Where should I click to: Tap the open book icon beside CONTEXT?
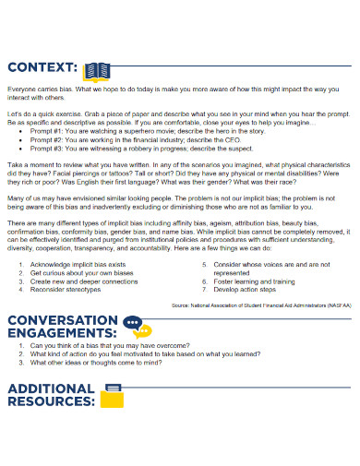pyautogui.click(x=97, y=69)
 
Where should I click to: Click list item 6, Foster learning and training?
pyautogui.click(x=254, y=281)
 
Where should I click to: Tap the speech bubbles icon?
pyautogui.click(x=137, y=328)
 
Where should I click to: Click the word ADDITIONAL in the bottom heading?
pyautogui.click(x=52, y=388)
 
